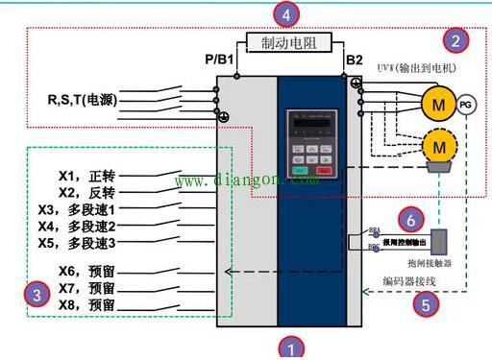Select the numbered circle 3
(37, 295)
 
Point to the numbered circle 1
(289, 346)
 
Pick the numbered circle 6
(409, 218)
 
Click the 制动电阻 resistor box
(289, 42)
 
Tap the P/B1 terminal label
(220, 60)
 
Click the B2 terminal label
(355, 60)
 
